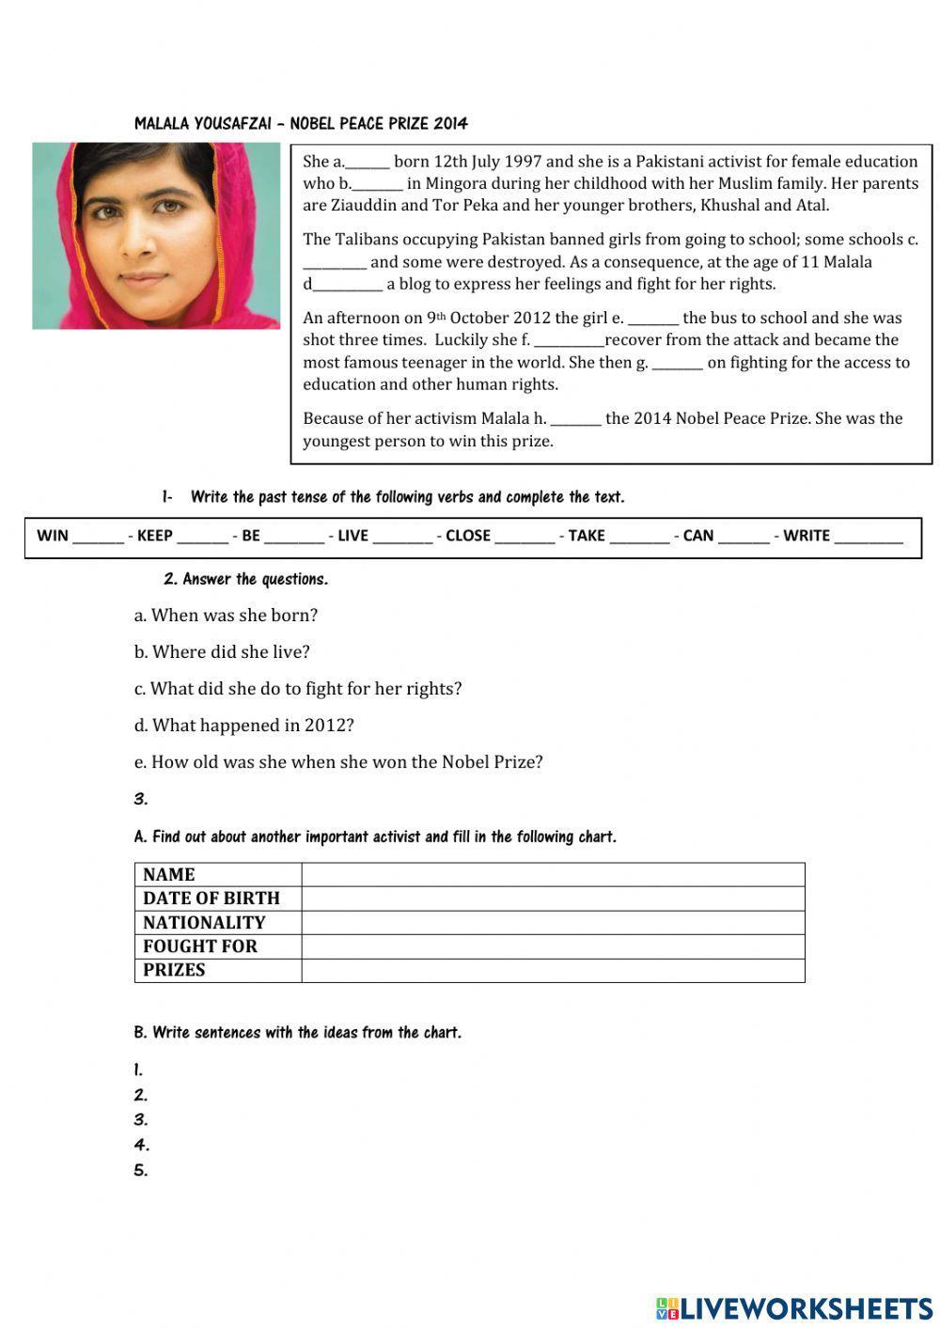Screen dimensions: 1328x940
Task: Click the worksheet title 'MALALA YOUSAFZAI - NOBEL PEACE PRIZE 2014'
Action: (x=301, y=123)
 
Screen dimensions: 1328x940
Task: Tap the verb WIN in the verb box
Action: (x=53, y=536)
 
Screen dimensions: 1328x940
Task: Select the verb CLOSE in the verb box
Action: (x=468, y=536)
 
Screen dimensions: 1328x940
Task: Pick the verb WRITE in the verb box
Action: (x=807, y=536)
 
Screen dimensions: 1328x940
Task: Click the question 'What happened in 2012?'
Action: (x=244, y=726)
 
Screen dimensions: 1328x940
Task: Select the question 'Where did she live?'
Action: (x=222, y=652)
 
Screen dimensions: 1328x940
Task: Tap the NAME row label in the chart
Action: (x=169, y=874)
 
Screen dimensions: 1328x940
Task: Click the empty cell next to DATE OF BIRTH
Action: (x=553, y=898)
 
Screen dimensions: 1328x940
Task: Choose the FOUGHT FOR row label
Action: (x=200, y=946)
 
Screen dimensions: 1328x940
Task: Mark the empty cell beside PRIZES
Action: (x=553, y=971)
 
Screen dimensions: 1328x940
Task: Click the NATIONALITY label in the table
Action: (x=204, y=923)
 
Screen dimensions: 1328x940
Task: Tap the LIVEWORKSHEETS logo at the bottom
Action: (x=794, y=1307)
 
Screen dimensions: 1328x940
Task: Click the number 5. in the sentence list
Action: (x=141, y=1170)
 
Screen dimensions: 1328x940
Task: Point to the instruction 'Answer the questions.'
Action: (x=246, y=580)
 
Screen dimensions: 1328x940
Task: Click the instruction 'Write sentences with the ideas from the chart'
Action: (x=298, y=1033)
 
